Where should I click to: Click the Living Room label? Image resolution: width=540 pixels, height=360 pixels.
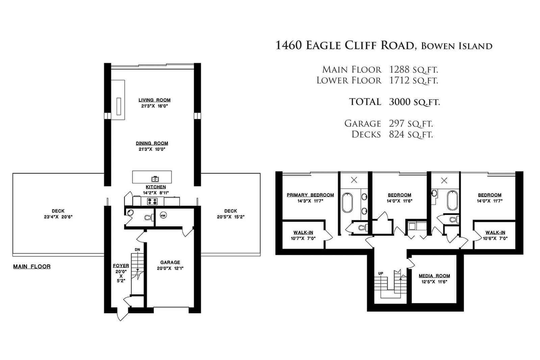(155, 100)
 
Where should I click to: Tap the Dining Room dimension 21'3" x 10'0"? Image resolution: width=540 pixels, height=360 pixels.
(152, 149)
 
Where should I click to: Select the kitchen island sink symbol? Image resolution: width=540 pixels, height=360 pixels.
(155, 179)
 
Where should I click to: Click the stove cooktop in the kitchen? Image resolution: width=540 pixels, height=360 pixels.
(152, 201)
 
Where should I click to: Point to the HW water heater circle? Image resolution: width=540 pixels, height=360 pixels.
(163, 215)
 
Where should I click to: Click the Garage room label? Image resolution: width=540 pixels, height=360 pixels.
(170, 262)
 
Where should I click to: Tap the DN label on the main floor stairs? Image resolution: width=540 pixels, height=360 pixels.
(137, 250)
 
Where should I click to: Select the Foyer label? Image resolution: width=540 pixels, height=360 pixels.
(121, 266)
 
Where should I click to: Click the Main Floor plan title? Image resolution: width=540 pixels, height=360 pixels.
(32, 266)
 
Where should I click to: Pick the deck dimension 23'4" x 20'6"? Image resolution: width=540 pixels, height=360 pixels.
(58, 217)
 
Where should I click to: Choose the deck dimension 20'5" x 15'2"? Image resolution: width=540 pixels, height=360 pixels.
(231, 217)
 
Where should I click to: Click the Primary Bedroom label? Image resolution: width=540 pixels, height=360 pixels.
(310, 195)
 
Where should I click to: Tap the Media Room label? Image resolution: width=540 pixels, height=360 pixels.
(434, 276)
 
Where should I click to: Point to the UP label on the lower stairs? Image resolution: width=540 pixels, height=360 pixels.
(381, 274)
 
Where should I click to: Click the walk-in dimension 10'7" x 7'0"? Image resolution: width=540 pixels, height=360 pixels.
(303, 238)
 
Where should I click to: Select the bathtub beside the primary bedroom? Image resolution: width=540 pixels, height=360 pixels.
(348, 203)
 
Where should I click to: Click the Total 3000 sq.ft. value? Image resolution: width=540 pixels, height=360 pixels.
(415, 102)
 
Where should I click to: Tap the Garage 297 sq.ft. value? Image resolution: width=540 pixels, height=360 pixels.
(411, 124)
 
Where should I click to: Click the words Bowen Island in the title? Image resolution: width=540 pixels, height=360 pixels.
(457, 46)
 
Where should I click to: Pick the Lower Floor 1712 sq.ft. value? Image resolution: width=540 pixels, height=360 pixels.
(413, 80)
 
